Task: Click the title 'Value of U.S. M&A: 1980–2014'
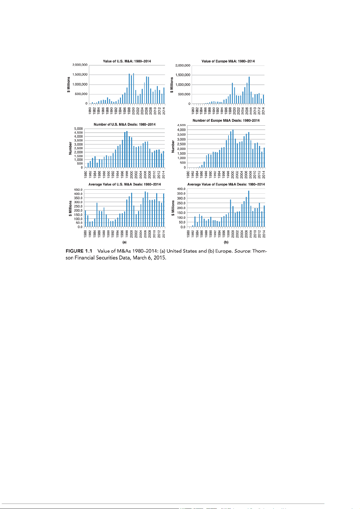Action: [127, 61]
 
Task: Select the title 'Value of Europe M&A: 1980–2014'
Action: [228, 61]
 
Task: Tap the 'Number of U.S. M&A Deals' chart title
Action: [125, 124]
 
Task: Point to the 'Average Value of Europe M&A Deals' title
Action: [226, 184]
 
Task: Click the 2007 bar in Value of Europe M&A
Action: [249, 90]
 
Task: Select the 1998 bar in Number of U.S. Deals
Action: [127, 149]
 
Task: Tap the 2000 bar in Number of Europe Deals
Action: [233, 149]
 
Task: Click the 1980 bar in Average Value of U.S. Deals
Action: [86, 219]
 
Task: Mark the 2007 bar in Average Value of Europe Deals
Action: [249, 209]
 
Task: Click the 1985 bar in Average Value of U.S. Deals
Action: [97, 215]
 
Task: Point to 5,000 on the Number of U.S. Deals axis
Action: [79, 129]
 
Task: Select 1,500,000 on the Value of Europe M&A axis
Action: [183, 75]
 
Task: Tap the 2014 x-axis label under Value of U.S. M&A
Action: [164, 110]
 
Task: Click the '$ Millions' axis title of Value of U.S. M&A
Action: [69, 85]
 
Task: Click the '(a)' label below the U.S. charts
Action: [124, 242]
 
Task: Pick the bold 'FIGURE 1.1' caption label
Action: [79, 251]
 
